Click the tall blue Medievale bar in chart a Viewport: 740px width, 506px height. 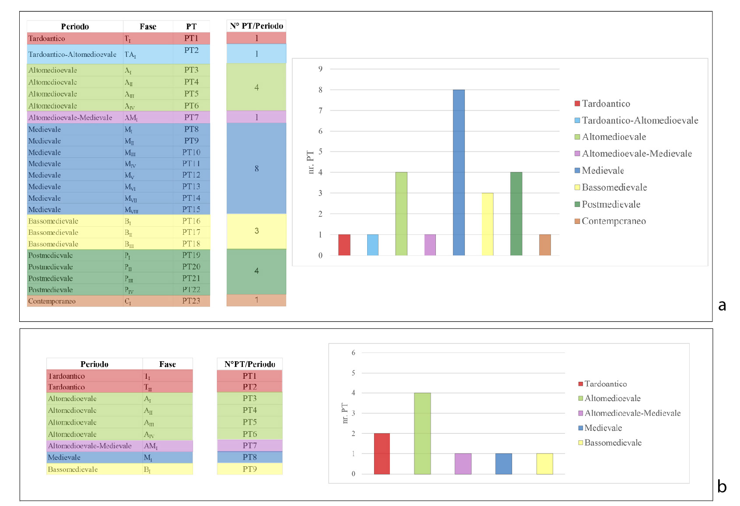[x=459, y=172]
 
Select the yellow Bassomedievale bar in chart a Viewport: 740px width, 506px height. [x=487, y=224]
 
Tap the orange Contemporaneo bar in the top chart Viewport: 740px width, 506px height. [x=545, y=245]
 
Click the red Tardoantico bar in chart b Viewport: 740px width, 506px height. [x=382, y=454]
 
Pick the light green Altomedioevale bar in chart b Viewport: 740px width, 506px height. [x=422, y=433]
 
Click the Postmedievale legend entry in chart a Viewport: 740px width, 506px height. [x=610, y=204]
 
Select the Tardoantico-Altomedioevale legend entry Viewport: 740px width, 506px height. [x=639, y=120]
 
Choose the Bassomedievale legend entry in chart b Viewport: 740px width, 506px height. [x=613, y=443]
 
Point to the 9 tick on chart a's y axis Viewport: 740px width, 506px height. [x=320, y=69]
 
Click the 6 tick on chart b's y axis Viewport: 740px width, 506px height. [x=354, y=352]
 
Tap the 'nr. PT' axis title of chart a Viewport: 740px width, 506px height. [x=311, y=162]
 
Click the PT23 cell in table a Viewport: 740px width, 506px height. [x=191, y=301]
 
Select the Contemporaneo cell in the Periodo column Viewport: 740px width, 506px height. [x=52, y=301]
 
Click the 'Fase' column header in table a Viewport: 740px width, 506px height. [x=148, y=27]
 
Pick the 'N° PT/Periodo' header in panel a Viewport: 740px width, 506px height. [x=256, y=26]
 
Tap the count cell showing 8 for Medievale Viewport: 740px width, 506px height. [x=256, y=168]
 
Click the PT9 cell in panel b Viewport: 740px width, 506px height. [x=249, y=469]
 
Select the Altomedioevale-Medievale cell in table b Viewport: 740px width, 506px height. [x=90, y=446]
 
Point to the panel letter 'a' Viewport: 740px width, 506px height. [x=722, y=305]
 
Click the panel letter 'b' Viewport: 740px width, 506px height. [x=722, y=486]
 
